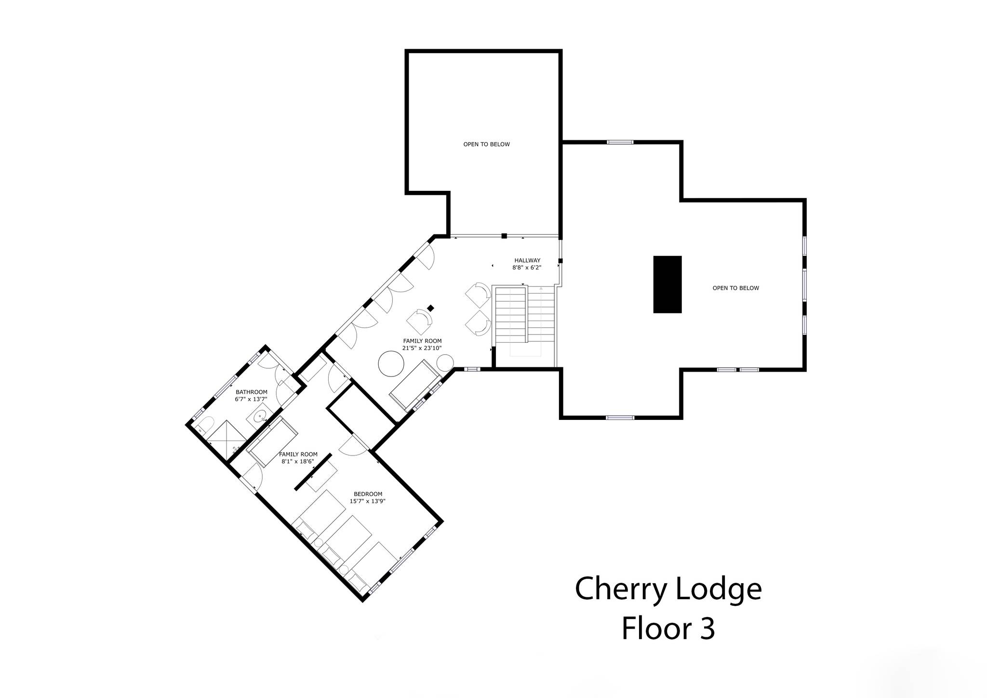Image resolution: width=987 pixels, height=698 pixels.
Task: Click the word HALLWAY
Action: tap(527, 260)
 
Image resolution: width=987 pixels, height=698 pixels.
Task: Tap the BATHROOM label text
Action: tap(251, 392)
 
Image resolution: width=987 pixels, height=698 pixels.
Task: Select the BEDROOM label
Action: tap(368, 494)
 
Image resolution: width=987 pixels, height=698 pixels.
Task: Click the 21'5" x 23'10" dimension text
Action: tap(422, 348)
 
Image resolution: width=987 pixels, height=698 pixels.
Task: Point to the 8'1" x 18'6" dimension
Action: tap(298, 461)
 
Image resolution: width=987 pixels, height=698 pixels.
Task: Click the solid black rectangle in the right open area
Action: tap(667, 284)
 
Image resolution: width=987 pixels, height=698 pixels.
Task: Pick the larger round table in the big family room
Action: tap(391, 364)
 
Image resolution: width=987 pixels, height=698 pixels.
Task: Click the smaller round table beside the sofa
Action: tap(445, 362)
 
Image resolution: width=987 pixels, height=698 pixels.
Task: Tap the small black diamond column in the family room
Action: tap(431, 308)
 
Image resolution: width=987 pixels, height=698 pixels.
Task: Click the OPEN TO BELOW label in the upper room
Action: tap(486, 144)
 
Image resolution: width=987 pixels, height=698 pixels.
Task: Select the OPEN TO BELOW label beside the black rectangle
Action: tap(735, 288)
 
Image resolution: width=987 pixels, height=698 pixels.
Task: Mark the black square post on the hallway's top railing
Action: tap(504, 236)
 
